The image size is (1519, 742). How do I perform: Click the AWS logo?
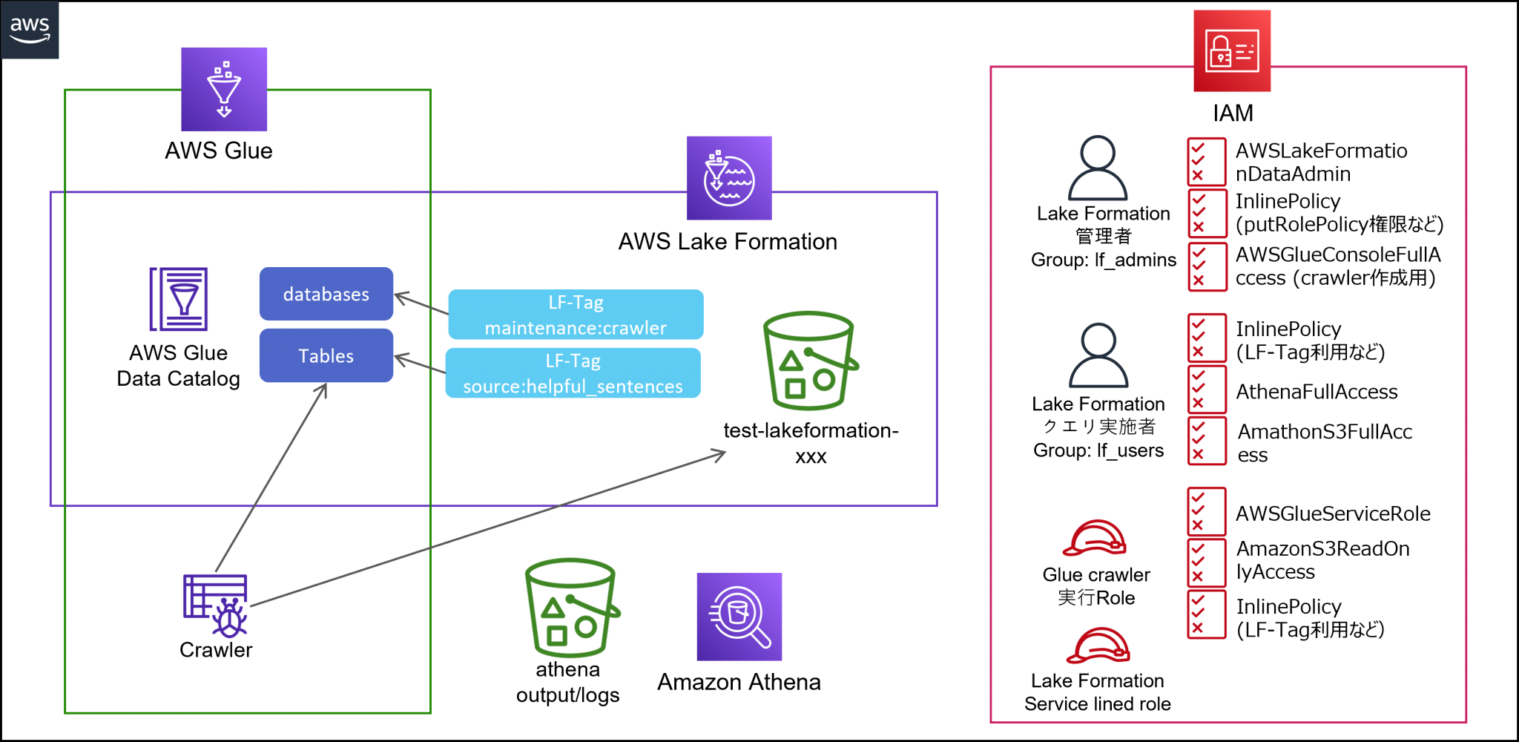[x=30, y=30]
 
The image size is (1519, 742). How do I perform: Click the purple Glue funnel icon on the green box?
[x=224, y=90]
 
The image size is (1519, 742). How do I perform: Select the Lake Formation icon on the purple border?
[x=729, y=178]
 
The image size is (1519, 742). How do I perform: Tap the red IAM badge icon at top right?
[x=1232, y=51]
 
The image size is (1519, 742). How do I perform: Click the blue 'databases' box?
[x=326, y=294]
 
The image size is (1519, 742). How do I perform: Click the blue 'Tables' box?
[x=326, y=355]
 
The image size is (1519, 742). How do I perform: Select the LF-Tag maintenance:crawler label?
[x=576, y=315]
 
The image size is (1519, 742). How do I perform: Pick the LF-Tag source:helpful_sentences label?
[x=573, y=373]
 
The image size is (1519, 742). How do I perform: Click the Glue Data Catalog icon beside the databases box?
[x=179, y=299]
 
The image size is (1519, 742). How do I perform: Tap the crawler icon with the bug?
[x=216, y=605]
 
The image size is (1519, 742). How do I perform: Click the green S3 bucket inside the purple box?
[x=809, y=361]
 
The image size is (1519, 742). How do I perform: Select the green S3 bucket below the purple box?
[x=571, y=608]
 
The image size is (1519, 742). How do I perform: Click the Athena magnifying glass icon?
[x=739, y=617]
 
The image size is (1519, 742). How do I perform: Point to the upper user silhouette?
[x=1098, y=168]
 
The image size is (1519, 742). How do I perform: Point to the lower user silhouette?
[x=1098, y=355]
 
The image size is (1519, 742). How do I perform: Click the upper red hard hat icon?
[x=1095, y=538]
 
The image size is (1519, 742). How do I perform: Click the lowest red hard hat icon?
[x=1098, y=646]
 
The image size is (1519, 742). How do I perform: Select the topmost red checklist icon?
[x=1206, y=162]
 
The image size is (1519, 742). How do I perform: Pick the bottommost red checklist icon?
[x=1206, y=614]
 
